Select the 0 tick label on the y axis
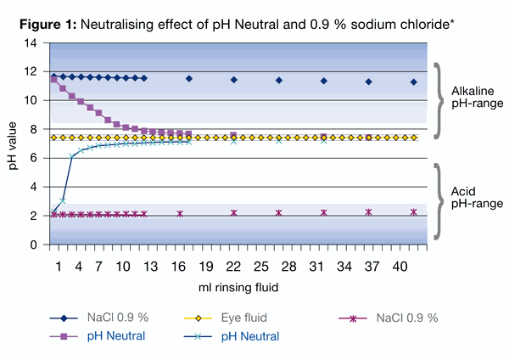click(x=34, y=245)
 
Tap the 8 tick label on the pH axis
click(x=34, y=129)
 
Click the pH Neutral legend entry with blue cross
click(x=252, y=336)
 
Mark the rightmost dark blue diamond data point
click(x=413, y=82)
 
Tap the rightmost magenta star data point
click(x=413, y=212)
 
